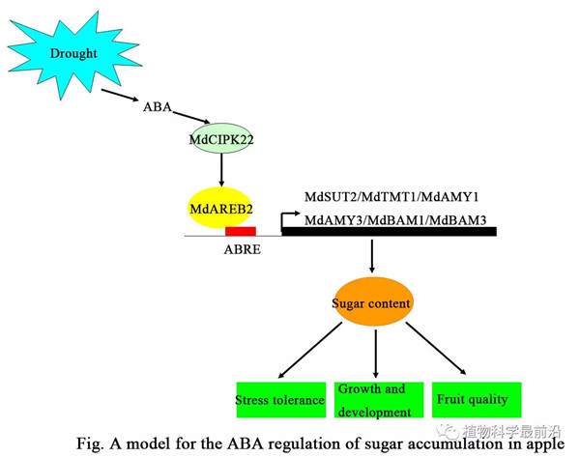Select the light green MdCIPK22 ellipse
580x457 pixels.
[x=221, y=139]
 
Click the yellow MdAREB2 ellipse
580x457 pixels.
[x=220, y=207]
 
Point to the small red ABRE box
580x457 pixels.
[x=240, y=232]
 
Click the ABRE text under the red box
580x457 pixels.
[x=242, y=248]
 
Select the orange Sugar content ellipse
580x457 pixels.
[x=372, y=303]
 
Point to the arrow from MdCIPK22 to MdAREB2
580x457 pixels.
[x=221, y=170]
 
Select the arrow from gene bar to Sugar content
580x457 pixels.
[x=372, y=256]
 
